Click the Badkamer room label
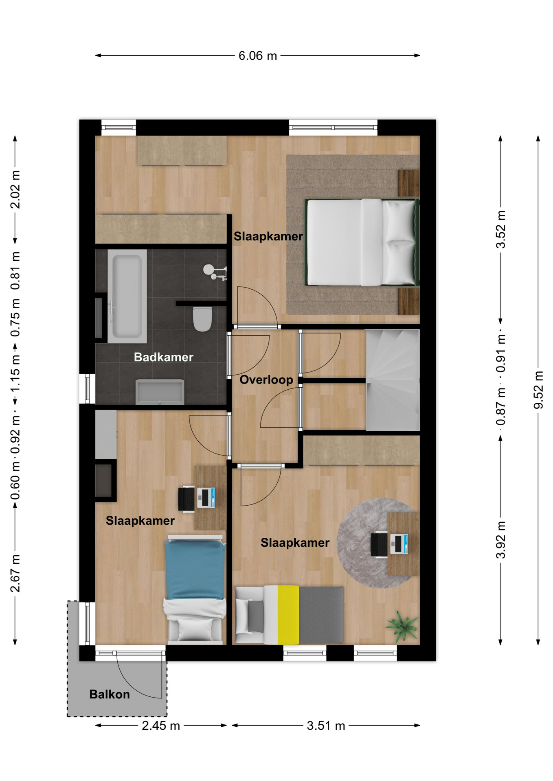(x=163, y=357)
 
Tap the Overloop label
(x=266, y=380)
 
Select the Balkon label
(x=110, y=694)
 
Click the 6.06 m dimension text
(x=258, y=56)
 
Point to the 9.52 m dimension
(x=539, y=390)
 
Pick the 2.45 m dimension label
(x=161, y=725)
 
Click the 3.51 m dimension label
(x=326, y=725)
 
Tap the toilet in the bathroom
(x=202, y=319)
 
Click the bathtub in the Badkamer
(x=127, y=296)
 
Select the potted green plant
(x=402, y=626)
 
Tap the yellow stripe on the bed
(x=288, y=615)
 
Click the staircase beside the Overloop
(x=393, y=380)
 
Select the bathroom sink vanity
(x=160, y=392)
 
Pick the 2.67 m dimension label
(x=15, y=573)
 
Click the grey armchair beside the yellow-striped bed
(x=250, y=615)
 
